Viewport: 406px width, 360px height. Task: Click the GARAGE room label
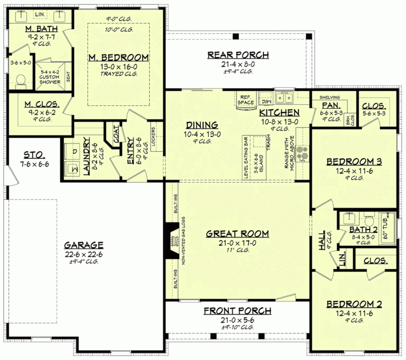[x=84, y=245]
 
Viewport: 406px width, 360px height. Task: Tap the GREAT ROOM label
[x=237, y=233]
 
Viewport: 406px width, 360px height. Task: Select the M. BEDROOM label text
[x=118, y=58]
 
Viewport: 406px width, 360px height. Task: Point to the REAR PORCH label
[x=238, y=55]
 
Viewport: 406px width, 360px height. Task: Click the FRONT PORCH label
[x=237, y=311]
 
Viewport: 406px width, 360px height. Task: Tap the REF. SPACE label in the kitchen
[x=245, y=99]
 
